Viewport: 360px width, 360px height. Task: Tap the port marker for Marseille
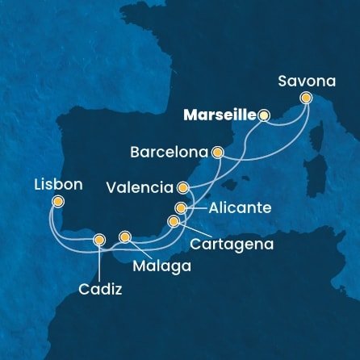point(263,115)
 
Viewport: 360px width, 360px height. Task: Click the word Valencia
point(140,188)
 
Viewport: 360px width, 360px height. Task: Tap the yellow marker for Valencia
point(182,188)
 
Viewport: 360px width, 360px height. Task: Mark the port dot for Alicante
point(182,208)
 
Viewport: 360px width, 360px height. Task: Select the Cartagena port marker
point(173,220)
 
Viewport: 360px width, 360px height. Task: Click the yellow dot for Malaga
point(124,237)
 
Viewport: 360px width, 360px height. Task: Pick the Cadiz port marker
point(99,239)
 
